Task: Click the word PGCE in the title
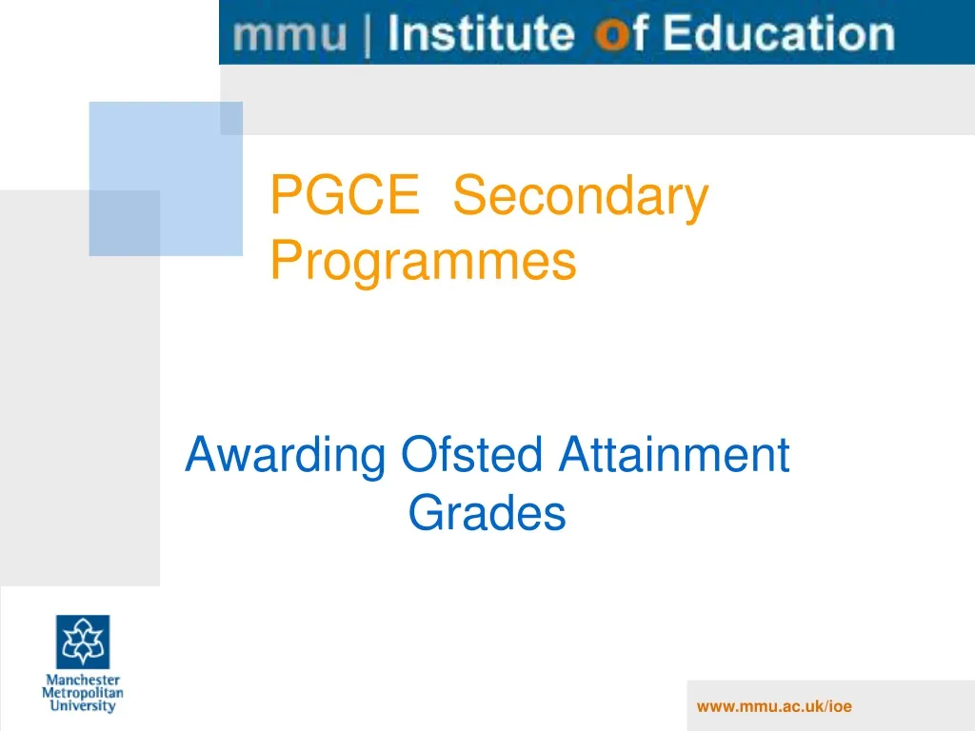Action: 345,197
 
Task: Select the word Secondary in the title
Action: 581,197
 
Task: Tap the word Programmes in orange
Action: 424,260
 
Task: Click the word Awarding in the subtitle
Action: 286,455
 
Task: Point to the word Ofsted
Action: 471,455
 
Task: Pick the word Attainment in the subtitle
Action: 673,455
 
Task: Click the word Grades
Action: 487,514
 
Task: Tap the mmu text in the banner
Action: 291,35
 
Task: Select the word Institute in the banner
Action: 482,34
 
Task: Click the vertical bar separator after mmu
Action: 368,35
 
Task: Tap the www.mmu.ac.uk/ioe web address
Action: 773,705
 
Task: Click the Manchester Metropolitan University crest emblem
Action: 83,641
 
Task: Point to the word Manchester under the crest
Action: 83,681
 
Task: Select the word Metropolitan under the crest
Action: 83,694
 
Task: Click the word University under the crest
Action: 83,707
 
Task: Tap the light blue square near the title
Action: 166,179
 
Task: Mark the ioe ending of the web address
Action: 840,705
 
